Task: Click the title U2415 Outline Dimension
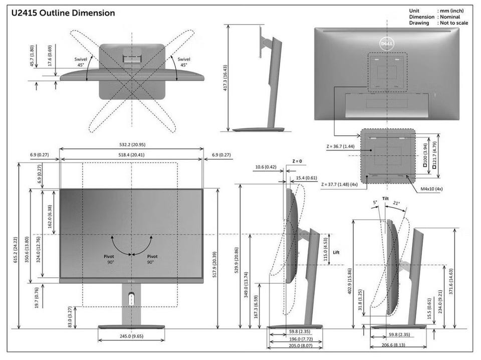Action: pos(63,13)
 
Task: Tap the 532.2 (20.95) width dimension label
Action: pos(132,144)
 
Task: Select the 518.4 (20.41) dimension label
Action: pos(131,155)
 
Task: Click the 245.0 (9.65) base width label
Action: pos(131,336)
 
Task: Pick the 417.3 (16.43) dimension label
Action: pos(225,78)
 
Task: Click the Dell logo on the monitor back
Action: pos(386,44)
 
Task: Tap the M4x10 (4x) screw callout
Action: pos(431,189)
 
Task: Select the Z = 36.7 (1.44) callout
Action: pos(340,146)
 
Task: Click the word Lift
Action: pos(336,252)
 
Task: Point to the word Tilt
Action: pos(386,199)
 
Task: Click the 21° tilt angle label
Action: pos(396,203)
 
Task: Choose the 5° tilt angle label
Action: pos(375,203)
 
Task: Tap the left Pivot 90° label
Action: pos(109,259)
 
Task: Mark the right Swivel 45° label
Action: pos(184,62)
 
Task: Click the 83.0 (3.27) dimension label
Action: pos(70,317)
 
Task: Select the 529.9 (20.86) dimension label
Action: pos(236,260)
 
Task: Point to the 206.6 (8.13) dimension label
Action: pos(393,345)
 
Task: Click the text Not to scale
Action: pos(454,23)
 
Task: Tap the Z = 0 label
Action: pos(297,161)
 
